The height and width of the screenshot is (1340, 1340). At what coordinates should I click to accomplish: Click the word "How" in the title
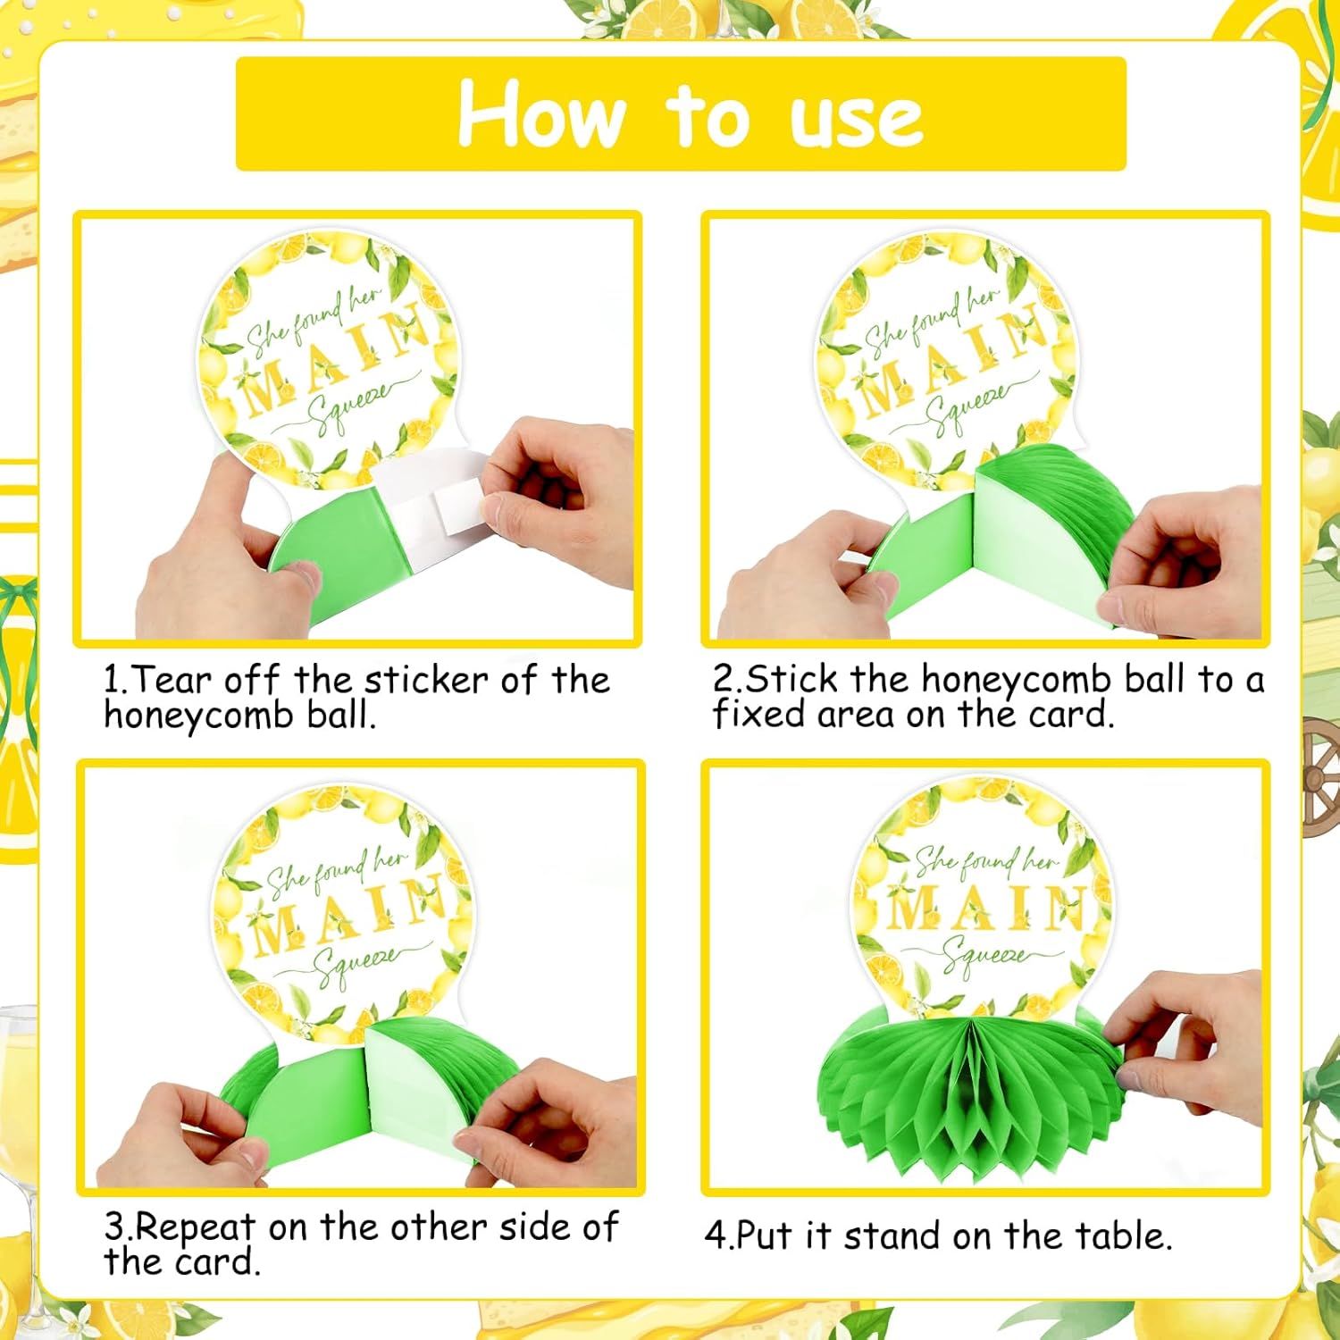click(541, 114)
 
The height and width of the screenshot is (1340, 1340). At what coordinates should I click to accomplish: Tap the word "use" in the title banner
click(856, 121)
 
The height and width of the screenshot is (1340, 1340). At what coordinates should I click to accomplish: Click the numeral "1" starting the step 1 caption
click(112, 681)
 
